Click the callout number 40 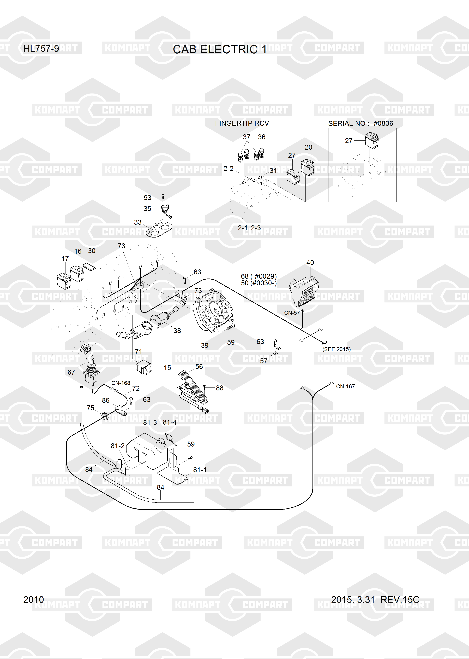point(310,262)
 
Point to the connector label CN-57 point(292,313)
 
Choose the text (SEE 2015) point(336,349)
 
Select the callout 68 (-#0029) point(259,276)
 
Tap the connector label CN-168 point(121,383)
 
